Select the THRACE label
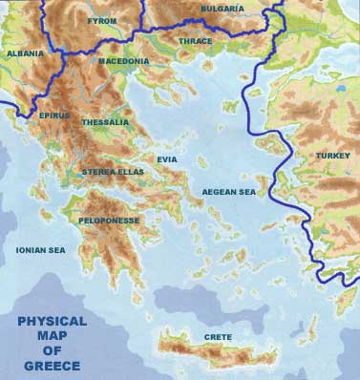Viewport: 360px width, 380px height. point(197,41)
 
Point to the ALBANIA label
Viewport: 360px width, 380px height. point(25,54)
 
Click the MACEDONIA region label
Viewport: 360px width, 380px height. point(123,62)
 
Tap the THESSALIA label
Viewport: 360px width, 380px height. point(105,122)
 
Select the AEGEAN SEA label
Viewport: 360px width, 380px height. point(230,192)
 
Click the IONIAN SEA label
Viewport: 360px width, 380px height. point(40,249)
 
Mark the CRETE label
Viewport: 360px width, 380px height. point(218,338)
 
